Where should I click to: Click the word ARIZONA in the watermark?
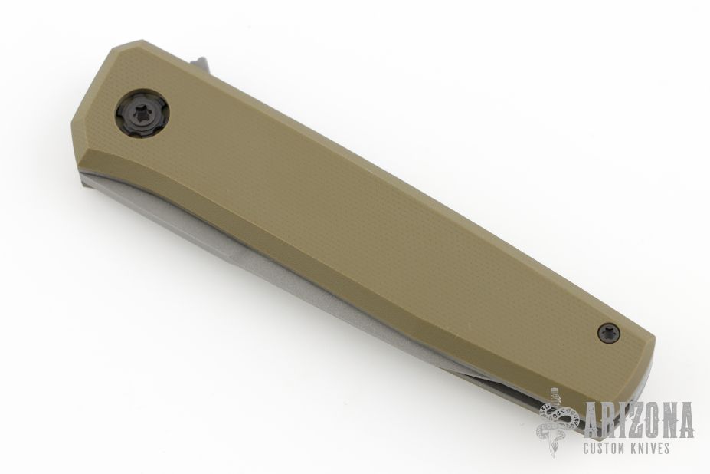click(x=640, y=420)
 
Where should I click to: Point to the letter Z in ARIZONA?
click(x=631, y=420)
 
